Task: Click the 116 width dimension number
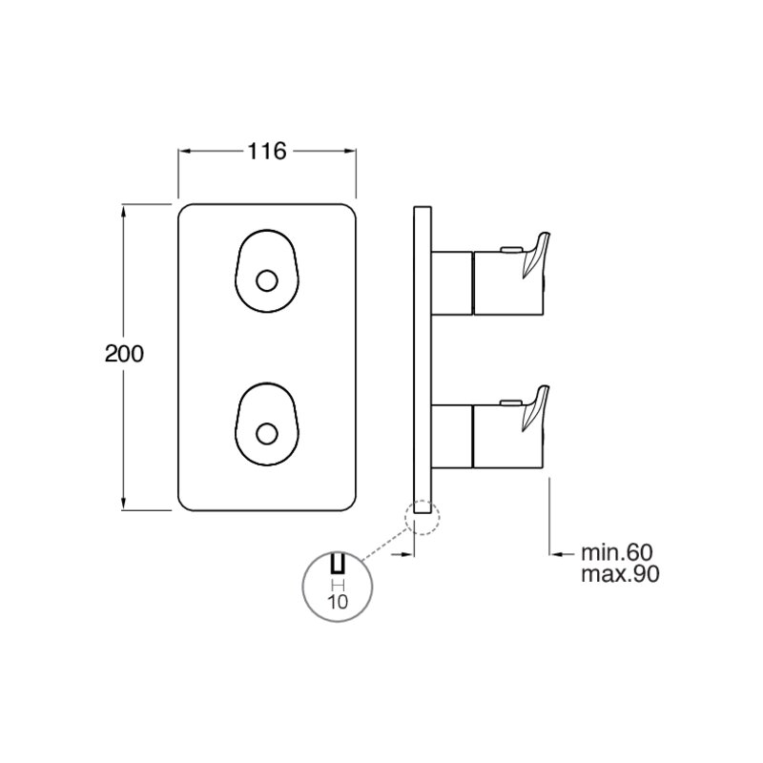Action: (267, 152)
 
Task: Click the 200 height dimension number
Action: (124, 354)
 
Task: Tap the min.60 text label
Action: (617, 552)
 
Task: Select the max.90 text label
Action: (621, 574)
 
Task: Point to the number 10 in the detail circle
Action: (338, 602)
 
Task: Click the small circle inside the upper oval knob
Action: (267, 280)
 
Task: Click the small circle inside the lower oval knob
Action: (267, 434)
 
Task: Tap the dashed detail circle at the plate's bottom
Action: (422, 518)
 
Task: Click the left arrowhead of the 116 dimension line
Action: (183, 152)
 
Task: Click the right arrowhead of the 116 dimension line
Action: (350, 152)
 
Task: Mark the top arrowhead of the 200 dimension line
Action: (124, 211)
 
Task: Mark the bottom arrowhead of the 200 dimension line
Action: (124, 504)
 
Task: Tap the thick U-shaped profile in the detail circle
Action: (338, 563)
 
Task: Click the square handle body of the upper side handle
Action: (508, 283)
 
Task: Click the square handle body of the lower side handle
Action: (508, 436)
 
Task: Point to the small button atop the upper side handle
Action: (510, 250)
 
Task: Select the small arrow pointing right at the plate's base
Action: (402, 554)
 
